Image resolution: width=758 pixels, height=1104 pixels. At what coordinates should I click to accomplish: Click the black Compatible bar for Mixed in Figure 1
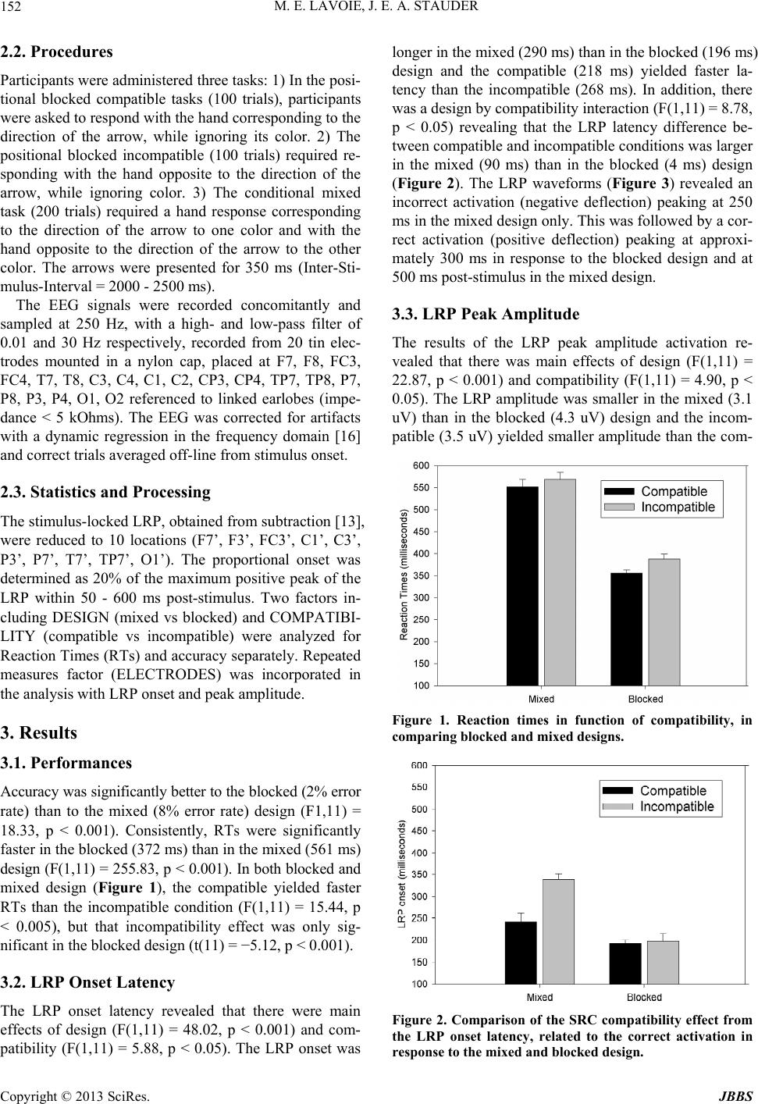coord(522,586)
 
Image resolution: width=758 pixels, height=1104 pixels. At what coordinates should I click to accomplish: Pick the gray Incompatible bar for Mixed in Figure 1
coord(560,582)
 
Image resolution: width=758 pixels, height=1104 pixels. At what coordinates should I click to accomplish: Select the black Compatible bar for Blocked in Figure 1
coord(626,629)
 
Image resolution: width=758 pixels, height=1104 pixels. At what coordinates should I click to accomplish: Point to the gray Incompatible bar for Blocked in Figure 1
coord(664,621)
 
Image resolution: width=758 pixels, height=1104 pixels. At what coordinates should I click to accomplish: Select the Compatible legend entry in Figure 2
coord(673,791)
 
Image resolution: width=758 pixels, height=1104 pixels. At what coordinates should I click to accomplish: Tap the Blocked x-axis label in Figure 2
coord(644,997)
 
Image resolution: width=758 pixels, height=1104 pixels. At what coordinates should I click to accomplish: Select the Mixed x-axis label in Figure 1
coord(541,699)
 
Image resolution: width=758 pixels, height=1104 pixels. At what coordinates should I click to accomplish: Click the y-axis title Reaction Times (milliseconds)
coord(404,574)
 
